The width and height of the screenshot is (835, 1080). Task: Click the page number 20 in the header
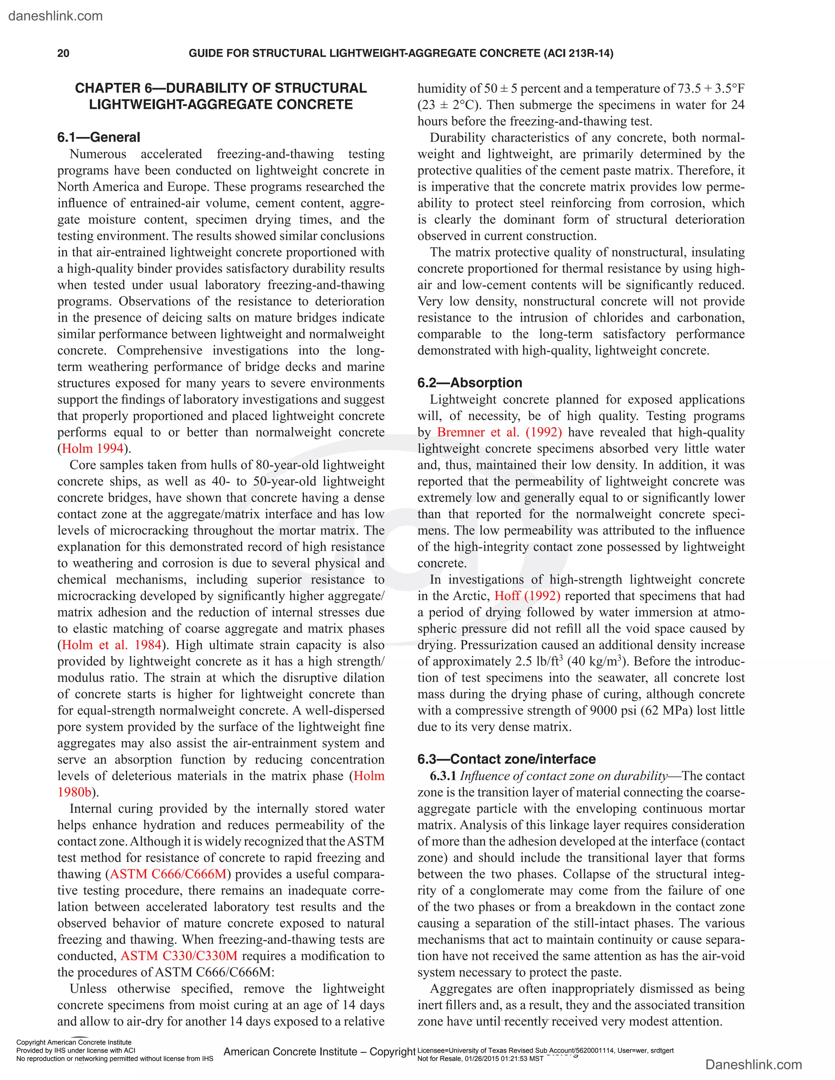(x=63, y=53)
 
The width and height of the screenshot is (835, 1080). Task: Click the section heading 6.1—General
(x=98, y=137)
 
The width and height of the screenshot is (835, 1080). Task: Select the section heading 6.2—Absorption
(x=469, y=383)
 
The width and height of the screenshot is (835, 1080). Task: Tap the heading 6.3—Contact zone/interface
(x=506, y=759)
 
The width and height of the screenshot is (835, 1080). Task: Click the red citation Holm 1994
(x=93, y=449)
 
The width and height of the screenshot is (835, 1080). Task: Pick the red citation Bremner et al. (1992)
(x=499, y=432)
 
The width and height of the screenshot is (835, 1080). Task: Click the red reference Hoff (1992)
(x=527, y=596)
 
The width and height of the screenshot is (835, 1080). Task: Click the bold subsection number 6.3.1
(x=443, y=776)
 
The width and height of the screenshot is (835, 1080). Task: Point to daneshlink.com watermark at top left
(x=55, y=16)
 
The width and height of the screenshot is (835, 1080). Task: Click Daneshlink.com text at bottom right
(x=753, y=1065)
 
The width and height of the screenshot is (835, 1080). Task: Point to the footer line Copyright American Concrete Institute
(x=74, y=1043)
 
